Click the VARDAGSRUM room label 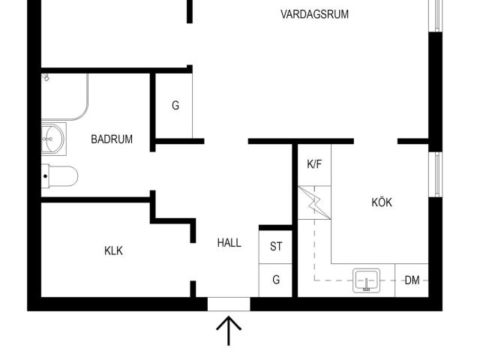tap(314, 14)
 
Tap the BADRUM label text tap(112, 139)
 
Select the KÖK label tap(382, 202)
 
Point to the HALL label tap(229, 243)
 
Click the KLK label tap(113, 250)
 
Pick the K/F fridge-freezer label tap(314, 164)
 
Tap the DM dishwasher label tap(412, 280)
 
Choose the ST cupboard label tap(276, 247)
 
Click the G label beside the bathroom tap(175, 106)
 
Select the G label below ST tap(276, 280)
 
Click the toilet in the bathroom tap(60, 176)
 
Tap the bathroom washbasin tap(53, 139)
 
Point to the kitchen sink tap(367, 280)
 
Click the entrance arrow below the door tap(229, 331)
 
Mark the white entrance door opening tap(229, 304)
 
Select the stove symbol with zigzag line tap(314, 202)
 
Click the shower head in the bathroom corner tap(46, 76)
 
